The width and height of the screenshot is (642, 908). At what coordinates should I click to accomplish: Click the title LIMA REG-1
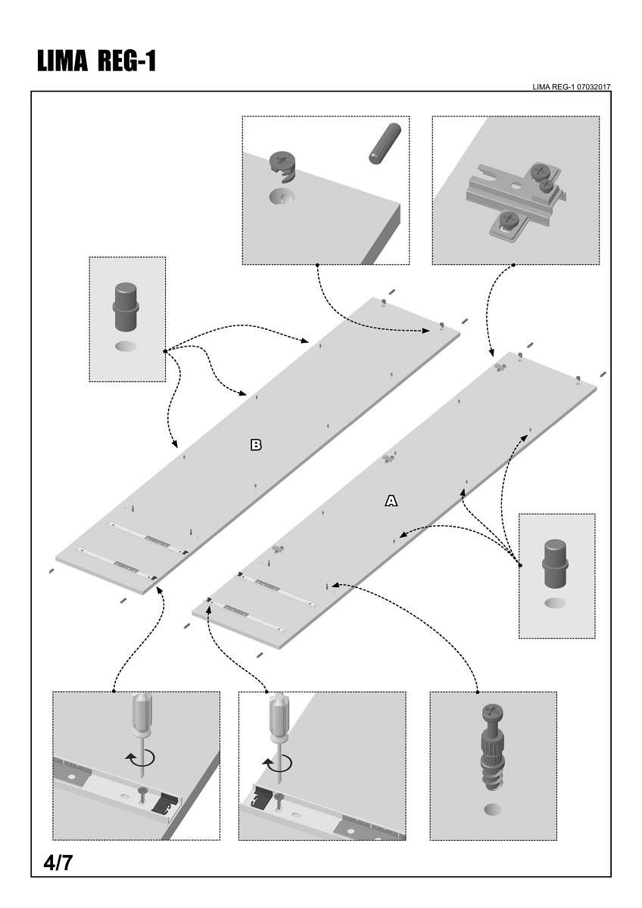(x=96, y=61)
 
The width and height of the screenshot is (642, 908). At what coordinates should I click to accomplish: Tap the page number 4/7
(x=58, y=862)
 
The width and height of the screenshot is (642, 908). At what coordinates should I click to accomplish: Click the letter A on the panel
(x=391, y=500)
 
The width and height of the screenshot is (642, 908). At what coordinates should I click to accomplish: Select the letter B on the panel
(x=256, y=445)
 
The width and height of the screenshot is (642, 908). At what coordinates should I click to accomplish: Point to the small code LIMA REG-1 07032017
(x=572, y=87)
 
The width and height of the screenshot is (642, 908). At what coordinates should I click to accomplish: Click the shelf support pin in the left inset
(x=126, y=306)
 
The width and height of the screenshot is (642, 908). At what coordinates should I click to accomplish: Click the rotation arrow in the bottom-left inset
(x=142, y=758)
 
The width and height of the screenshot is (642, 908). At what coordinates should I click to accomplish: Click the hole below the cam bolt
(x=493, y=810)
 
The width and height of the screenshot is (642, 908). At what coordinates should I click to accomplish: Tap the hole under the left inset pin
(x=127, y=347)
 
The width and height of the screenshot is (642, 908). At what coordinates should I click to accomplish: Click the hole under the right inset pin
(x=556, y=603)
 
